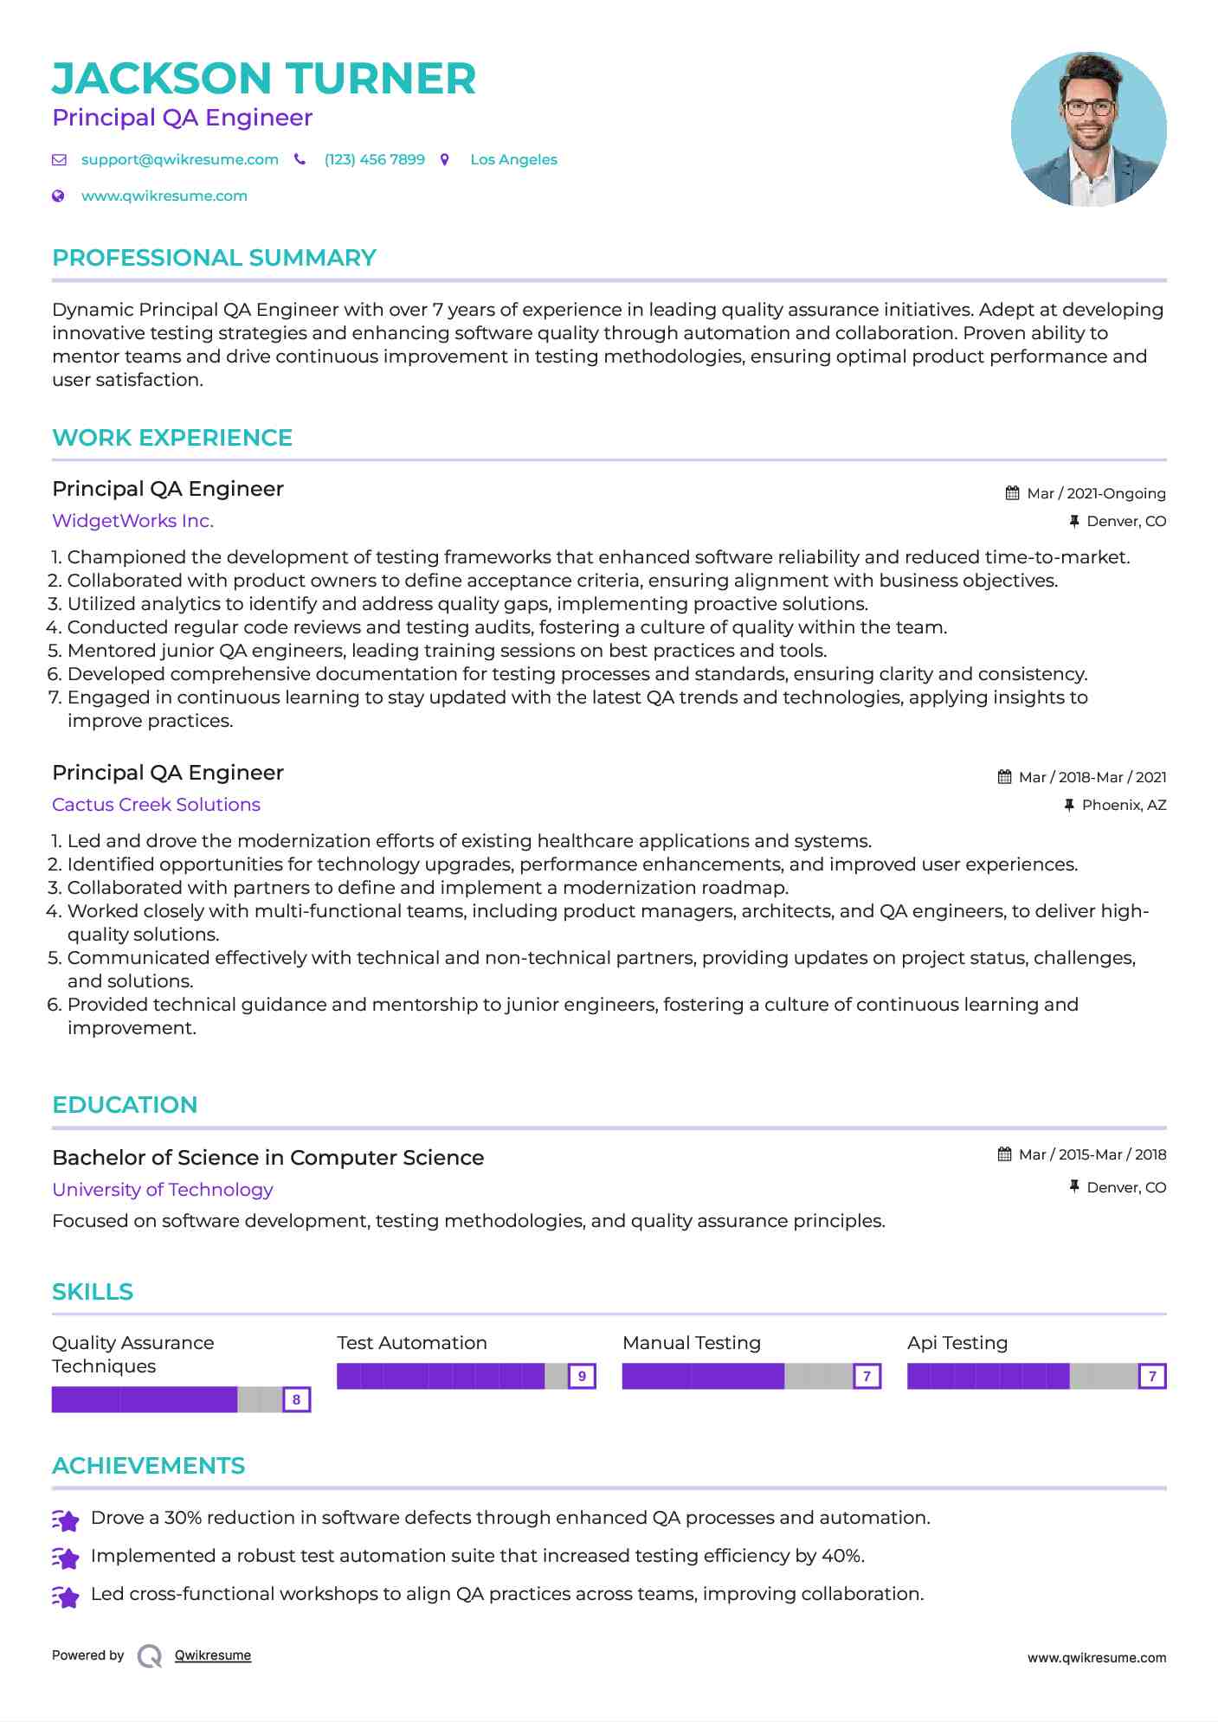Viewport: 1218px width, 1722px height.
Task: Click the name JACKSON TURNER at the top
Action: point(264,79)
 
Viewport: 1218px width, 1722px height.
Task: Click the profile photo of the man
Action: point(1088,129)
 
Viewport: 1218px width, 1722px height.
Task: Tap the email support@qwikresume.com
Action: point(179,160)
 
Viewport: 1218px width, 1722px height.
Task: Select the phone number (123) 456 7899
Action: point(374,160)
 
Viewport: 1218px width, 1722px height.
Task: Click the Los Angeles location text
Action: point(513,160)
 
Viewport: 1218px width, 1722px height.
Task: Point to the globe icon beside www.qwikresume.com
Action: point(58,196)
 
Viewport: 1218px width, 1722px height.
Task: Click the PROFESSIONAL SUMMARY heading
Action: point(214,258)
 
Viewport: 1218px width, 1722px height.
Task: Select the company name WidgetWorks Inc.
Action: point(132,521)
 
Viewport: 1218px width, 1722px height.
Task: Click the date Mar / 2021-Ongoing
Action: point(1096,494)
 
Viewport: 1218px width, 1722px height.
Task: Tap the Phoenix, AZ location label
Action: point(1124,806)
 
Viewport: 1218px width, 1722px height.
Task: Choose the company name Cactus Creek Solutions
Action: point(156,805)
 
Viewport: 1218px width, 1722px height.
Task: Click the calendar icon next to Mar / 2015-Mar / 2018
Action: point(1004,1154)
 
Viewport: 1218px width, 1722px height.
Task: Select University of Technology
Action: point(162,1190)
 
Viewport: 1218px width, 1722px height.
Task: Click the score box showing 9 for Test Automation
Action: point(582,1376)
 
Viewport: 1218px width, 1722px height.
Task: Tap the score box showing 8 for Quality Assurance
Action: point(296,1399)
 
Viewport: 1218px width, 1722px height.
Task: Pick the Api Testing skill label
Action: point(957,1343)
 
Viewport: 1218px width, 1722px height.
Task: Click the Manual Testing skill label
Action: point(691,1343)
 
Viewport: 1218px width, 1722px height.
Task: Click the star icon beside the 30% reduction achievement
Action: point(66,1520)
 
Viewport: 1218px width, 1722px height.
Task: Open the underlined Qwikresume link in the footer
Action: point(212,1655)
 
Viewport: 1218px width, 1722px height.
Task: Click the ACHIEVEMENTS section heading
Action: point(148,1466)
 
